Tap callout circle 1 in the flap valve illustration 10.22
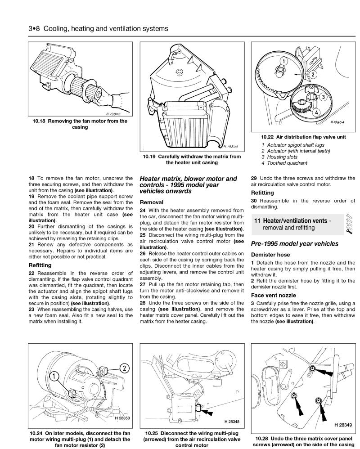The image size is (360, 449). click(284, 61)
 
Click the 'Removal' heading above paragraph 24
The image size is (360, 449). click(152, 202)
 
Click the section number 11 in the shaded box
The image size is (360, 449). click(257, 220)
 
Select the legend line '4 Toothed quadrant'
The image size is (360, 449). click(284, 163)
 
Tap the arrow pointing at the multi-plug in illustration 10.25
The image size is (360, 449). click(207, 410)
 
